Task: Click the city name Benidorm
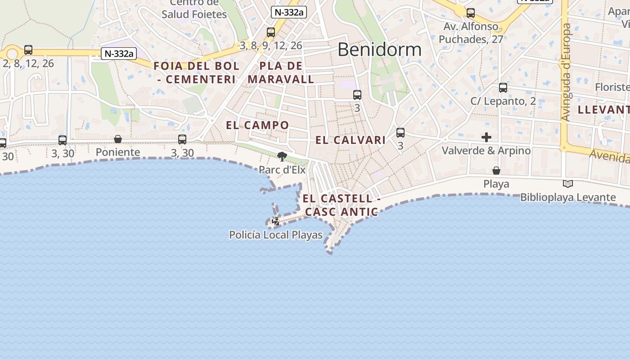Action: pyautogui.click(x=379, y=49)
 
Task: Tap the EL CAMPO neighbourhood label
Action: pyautogui.click(x=257, y=125)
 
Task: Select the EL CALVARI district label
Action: pyautogui.click(x=351, y=140)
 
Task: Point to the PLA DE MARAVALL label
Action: pyautogui.click(x=281, y=72)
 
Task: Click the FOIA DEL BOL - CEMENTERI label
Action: pyautogui.click(x=196, y=72)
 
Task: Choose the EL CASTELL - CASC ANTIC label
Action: pyautogui.click(x=341, y=205)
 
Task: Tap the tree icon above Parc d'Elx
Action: pyautogui.click(x=282, y=157)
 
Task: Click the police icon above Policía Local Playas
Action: pyautogui.click(x=276, y=221)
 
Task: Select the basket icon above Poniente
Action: pyautogui.click(x=118, y=139)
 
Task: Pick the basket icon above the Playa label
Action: pyautogui.click(x=496, y=171)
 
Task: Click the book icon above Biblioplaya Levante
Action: pyautogui.click(x=568, y=184)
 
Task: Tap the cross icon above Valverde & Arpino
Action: pyautogui.click(x=486, y=137)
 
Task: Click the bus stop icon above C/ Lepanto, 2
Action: pyautogui.click(x=503, y=88)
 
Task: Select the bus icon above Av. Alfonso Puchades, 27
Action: pyautogui.click(x=471, y=13)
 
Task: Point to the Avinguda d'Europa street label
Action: pyautogui.click(x=567, y=72)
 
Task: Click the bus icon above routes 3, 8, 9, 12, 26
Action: pyautogui.click(x=271, y=32)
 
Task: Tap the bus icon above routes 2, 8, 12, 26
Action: pyautogui.click(x=28, y=50)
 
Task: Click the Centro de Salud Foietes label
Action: pyautogui.click(x=194, y=9)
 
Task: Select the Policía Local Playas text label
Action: pyautogui.click(x=276, y=235)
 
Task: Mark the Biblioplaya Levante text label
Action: pyautogui.click(x=568, y=197)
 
